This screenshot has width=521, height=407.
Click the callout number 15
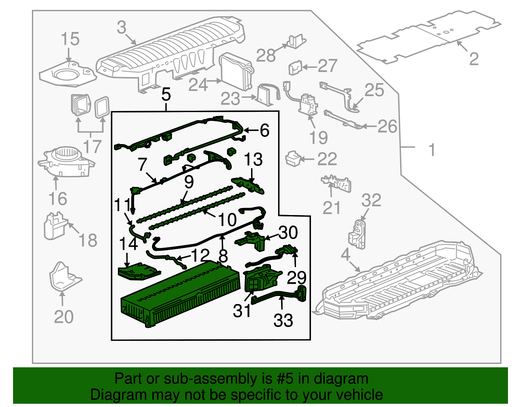70,39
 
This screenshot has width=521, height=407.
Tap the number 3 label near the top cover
121,27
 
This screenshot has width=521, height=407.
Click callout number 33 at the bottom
283,320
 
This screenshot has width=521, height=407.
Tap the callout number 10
227,220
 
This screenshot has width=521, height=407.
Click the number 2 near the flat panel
474,59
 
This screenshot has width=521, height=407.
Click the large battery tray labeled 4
397,280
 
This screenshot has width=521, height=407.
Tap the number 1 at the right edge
432,150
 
